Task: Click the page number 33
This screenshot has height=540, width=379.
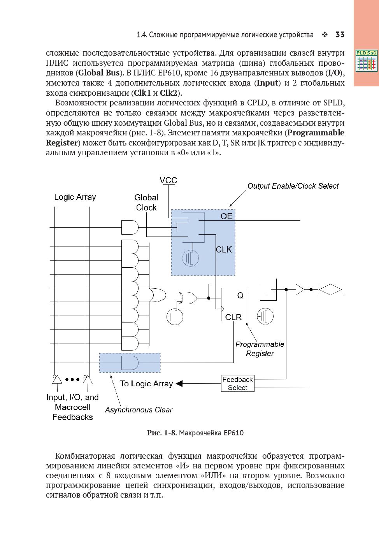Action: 340,35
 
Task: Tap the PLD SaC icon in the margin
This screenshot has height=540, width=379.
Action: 366,61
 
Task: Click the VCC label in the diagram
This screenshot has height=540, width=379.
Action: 168,181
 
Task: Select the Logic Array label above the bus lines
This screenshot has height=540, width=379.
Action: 75,197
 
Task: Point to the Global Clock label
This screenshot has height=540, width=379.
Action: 146,203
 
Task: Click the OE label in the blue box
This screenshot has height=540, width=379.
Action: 226,216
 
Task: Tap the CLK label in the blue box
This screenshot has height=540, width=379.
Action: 224,249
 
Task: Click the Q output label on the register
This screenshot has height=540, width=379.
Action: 240,296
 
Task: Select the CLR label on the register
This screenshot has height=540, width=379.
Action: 233,317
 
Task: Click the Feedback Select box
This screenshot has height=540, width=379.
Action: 237,383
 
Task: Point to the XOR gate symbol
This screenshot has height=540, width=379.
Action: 188,298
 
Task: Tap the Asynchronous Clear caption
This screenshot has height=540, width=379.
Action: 139,410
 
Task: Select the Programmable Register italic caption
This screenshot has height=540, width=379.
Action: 260,349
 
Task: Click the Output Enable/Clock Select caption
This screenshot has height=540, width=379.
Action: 293,186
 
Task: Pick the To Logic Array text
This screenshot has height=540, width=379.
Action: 146,384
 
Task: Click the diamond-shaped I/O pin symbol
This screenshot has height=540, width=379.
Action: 330,290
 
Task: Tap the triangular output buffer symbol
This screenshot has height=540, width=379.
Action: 300,289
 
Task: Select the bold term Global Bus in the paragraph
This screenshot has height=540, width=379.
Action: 99,73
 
